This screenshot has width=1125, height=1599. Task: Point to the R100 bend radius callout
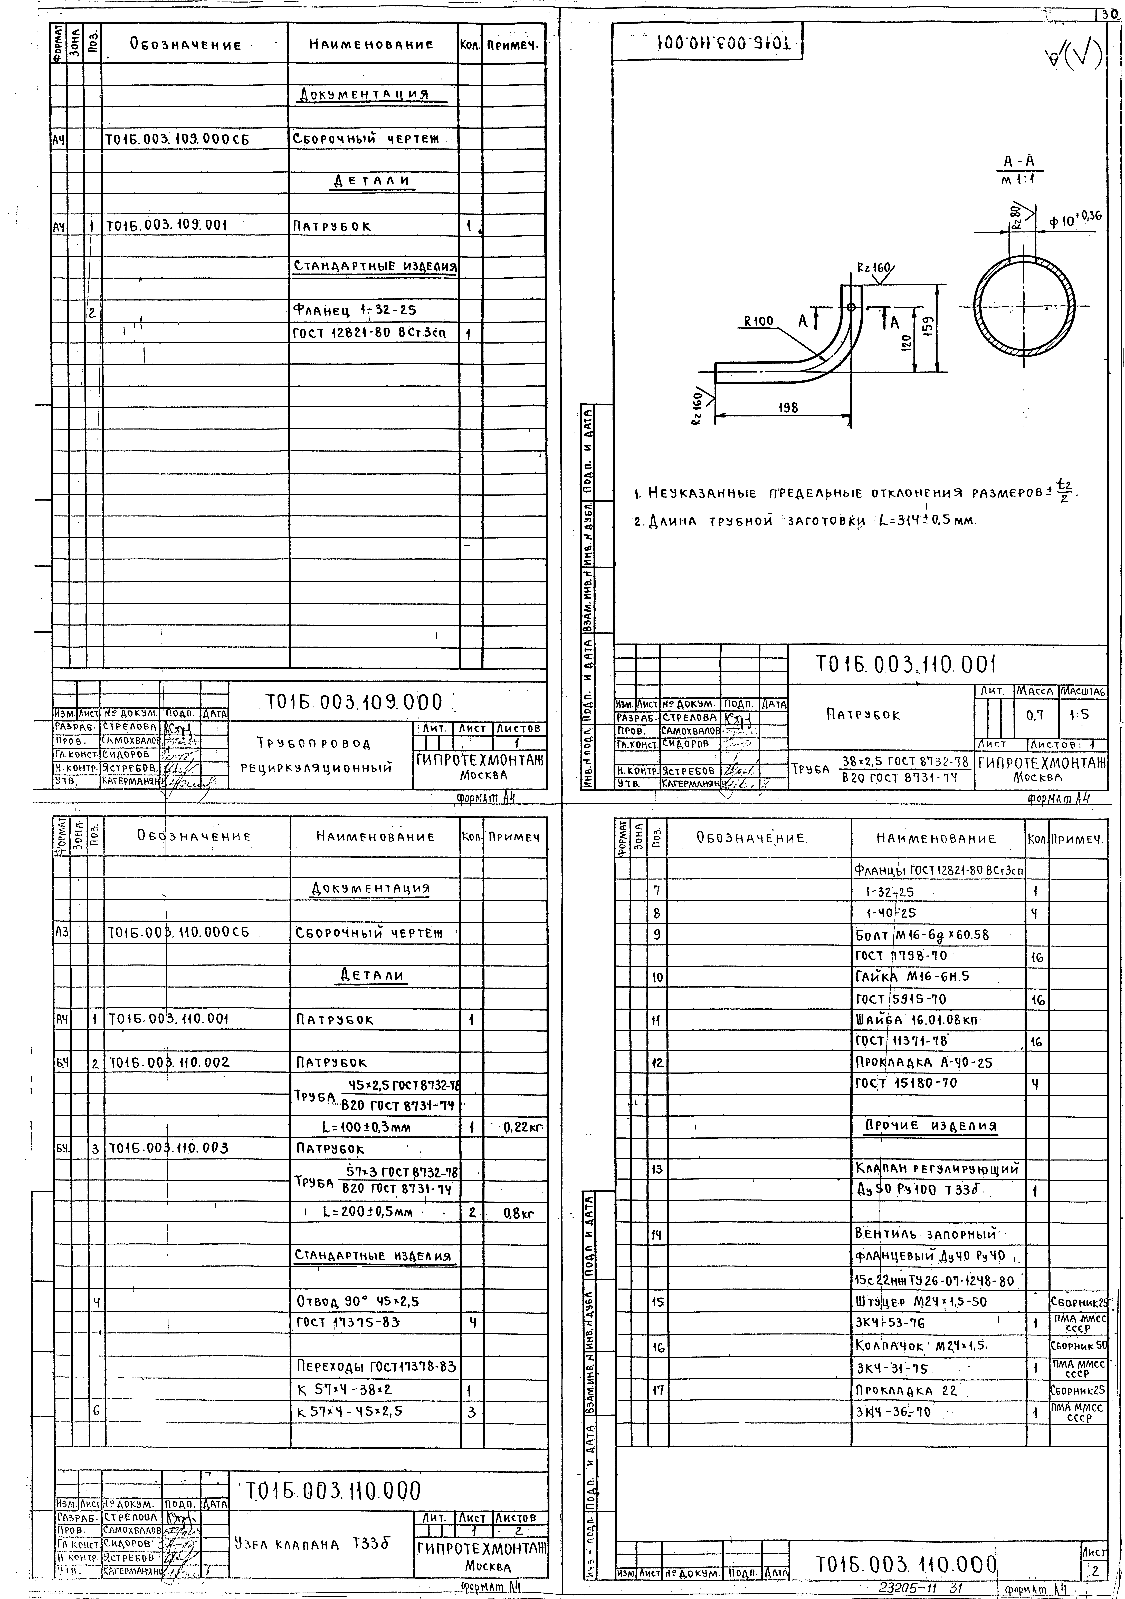(758, 321)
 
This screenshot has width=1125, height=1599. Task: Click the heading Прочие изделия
(931, 1126)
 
